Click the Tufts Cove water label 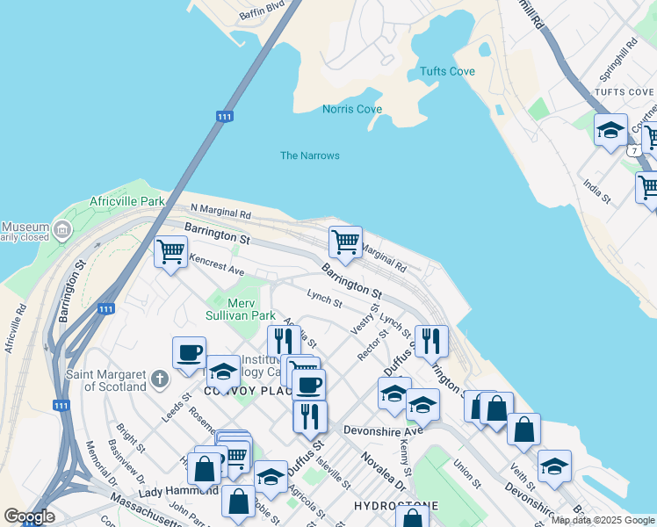coord(447,71)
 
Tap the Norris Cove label coord(351,109)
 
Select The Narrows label coord(309,155)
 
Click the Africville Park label coord(127,201)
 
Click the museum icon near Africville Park coord(61,231)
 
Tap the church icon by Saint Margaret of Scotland coord(159,379)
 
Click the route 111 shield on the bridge coord(224,116)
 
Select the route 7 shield coord(633,150)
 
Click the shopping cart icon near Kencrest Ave coord(170,252)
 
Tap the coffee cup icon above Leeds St coord(189,353)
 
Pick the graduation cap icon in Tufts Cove coord(610,131)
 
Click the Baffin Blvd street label coord(263,11)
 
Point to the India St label coord(596,191)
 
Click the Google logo coord(30,516)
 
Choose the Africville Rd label coord(14,328)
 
